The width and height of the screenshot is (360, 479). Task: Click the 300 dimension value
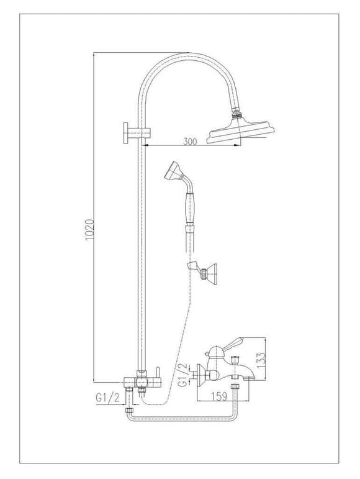(x=190, y=142)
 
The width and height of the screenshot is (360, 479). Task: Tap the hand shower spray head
(x=174, y=171)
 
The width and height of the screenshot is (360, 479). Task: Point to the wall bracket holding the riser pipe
(x=130, y=132)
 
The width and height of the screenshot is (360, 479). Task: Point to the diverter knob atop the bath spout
(x=235, y=362)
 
